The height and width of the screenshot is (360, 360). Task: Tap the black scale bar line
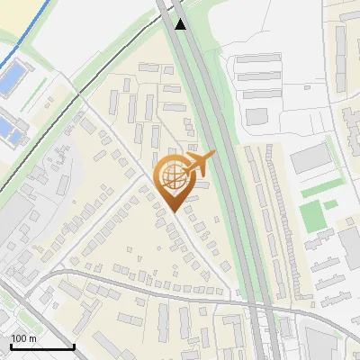[42, 347]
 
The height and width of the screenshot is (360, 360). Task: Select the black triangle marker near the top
[181, 24]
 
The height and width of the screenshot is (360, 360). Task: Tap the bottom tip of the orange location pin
[173, 212]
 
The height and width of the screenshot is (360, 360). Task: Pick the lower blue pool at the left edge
[8, 131]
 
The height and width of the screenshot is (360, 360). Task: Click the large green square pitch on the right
[310, 215]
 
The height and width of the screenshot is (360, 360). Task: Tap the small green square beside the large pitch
[331, 205]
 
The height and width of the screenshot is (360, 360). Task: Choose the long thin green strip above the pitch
[320, 190]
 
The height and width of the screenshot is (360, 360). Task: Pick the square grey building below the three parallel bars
[257, 117]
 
